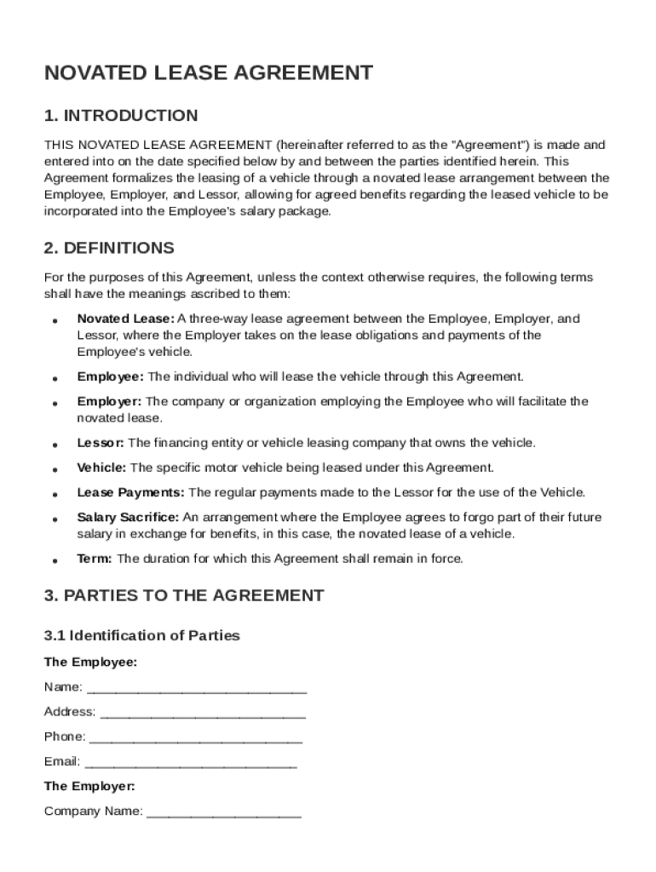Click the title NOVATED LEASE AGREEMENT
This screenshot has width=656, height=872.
click(208, 73)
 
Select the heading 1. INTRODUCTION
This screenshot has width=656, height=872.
click(121, 116)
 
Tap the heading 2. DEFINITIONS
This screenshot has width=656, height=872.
click(109, 249)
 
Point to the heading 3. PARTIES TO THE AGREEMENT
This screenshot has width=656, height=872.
click(184, 596)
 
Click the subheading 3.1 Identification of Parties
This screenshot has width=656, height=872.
click(142, 635)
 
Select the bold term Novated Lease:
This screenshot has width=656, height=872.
click(125, 318)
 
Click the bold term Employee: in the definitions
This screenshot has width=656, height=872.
click(111, 376)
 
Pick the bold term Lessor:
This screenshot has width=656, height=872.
click(101, 443)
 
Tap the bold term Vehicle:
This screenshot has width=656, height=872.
click(101, 468)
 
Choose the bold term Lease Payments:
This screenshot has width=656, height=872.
click(130, 492)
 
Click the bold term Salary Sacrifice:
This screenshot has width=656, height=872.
click(128, 517)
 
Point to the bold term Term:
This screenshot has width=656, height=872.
click(95, 559)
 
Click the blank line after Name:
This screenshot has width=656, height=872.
click(197, 688)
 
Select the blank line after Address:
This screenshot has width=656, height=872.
click(202, 713)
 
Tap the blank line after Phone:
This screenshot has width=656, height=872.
click(195, 737)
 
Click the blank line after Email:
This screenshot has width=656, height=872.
click(191, 762)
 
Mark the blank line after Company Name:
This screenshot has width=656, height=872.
click(223, 812)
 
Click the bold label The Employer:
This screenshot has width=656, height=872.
click(89, 786)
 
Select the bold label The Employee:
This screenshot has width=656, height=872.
click(90, 662)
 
